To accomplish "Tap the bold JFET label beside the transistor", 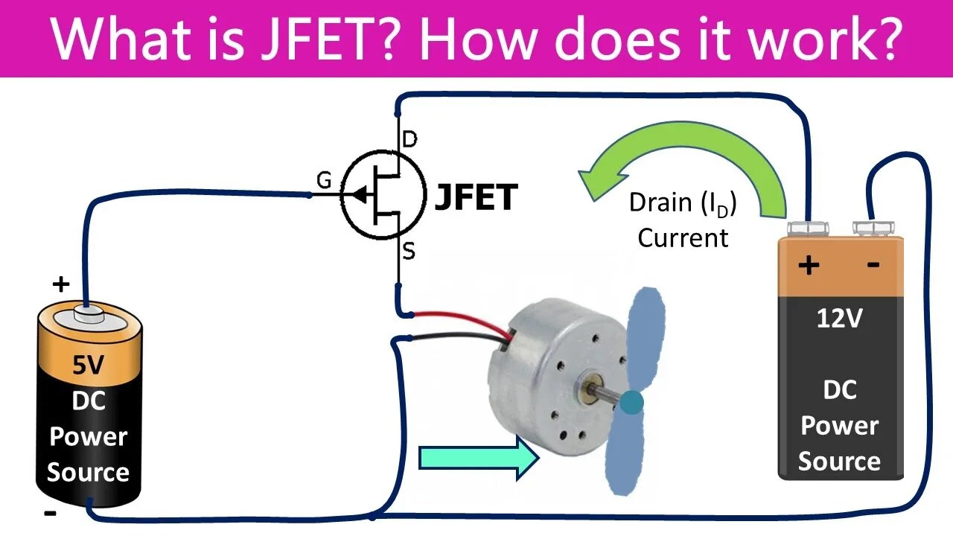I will coord(475,198).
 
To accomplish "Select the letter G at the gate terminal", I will coord(324,181).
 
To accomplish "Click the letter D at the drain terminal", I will coord(409,139).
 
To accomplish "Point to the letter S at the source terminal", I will coord(409,252).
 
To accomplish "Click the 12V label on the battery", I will coord(839,319).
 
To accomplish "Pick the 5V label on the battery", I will coord(89,365).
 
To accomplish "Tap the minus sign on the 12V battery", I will coord(873,264).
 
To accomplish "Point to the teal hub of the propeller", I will coord(631,403).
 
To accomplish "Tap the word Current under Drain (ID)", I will coord(683,238).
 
